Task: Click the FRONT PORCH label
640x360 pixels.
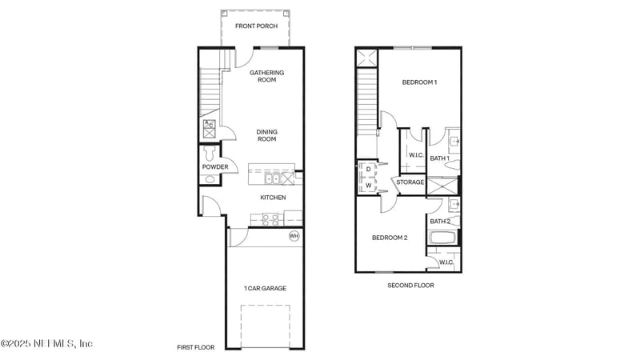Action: point(255,26)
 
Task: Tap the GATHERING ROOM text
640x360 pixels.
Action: point(266,77)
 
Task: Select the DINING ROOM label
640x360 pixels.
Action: point(266,136)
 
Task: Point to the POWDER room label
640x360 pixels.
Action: point(214,167)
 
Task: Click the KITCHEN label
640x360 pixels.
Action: point(273,198)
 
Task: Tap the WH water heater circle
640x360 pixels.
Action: point(294,236)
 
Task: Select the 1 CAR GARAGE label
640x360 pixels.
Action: point(265,288)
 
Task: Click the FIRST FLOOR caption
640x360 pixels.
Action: point(196,348)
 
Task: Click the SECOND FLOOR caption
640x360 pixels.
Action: point(410,285)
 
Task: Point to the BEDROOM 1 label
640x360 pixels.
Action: point(419,82)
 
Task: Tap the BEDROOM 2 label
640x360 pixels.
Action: point(390,238)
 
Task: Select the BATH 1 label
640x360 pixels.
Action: point(439,158)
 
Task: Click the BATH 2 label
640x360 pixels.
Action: point(439,221)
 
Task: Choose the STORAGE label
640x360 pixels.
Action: point(410,182)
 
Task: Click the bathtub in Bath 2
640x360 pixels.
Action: point(442,238)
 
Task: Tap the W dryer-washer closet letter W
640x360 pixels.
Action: point(368,186)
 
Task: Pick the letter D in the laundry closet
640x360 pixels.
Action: point(368,169)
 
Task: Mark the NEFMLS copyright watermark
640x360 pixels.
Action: point(46,344)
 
